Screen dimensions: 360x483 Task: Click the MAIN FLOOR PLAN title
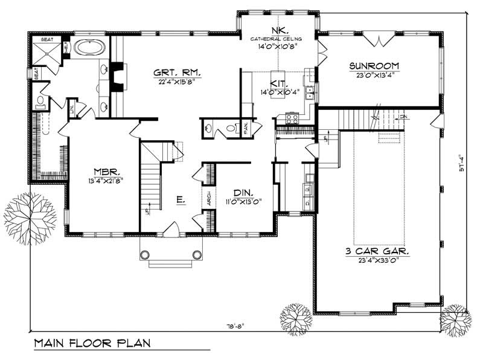click(x=92, y=343)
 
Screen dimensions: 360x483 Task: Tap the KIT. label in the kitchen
click(x=279, y=85)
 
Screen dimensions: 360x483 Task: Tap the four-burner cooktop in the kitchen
click(x=292, y=118)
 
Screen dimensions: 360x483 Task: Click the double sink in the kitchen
click(x=310, y=92)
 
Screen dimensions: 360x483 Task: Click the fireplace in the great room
click(x=117, y=77)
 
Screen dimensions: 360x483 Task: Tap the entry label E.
click(x=180, y=199)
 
